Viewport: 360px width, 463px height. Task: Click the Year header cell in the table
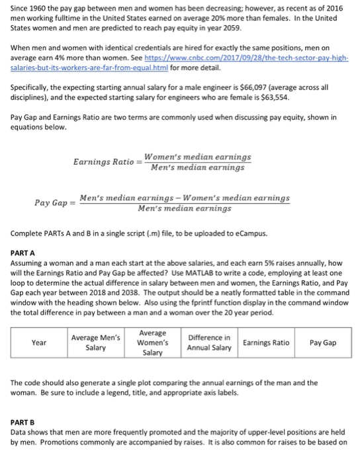[x=40, y=343]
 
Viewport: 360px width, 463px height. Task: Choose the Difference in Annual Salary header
[x=209, y=343]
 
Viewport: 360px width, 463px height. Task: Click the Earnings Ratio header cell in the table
[x=266, y=343]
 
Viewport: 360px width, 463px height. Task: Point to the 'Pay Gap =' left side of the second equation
[x=54, y=203]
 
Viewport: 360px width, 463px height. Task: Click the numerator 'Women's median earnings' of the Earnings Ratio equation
[x=197, y=157]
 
